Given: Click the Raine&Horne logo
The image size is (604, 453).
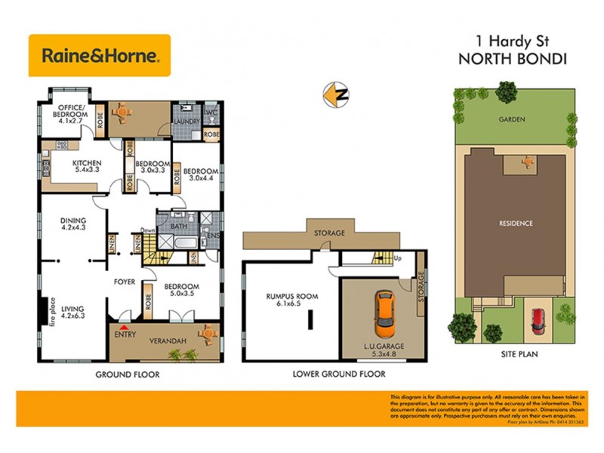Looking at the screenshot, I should click(100, 55).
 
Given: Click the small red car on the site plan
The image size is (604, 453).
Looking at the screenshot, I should click(539, 321).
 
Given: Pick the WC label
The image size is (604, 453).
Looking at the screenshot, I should click(212, 111).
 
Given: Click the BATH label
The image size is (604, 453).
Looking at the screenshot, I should click(179, 225).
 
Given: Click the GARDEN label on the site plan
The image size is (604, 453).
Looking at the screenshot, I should click(511, 119).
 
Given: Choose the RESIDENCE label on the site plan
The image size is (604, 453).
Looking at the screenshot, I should click(516, 223).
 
